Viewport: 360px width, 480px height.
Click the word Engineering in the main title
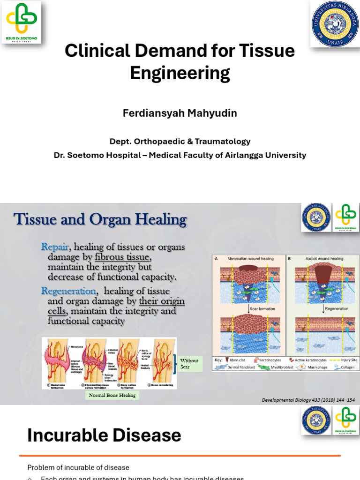(x=180, y=73)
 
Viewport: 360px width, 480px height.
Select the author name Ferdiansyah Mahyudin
(x=180, y=113)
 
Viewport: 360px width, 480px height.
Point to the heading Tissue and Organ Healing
(x=100, y=219)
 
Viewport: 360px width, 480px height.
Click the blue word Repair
(x=55, y=247)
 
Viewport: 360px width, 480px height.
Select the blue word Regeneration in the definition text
(x=68, y=291)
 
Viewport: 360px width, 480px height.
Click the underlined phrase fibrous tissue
(x=123, y=257)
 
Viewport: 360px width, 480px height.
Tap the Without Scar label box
(x=189, y=363)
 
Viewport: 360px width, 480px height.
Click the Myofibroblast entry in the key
(x=281, y=367)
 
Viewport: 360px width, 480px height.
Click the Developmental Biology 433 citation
(x=307, y=400)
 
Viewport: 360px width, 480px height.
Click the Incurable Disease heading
(x=104, y=435)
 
